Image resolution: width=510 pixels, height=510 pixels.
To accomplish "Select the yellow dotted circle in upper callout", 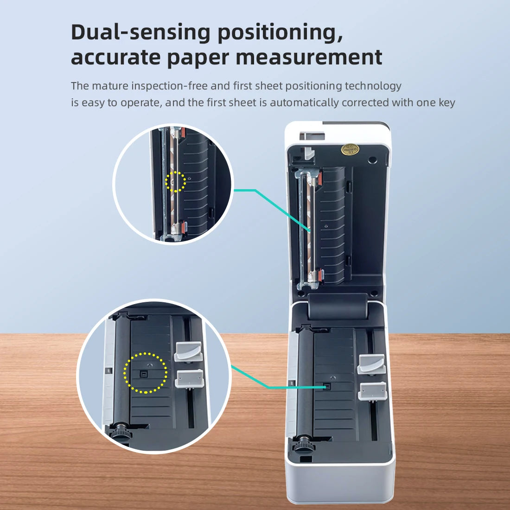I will (x=176, y=181).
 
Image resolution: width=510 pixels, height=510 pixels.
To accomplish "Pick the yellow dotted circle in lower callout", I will (x=145, y=373).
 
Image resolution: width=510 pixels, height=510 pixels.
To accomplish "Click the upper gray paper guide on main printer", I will (x=371, y=363).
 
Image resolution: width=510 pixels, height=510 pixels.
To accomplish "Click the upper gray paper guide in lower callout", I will (x=188, y=351).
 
